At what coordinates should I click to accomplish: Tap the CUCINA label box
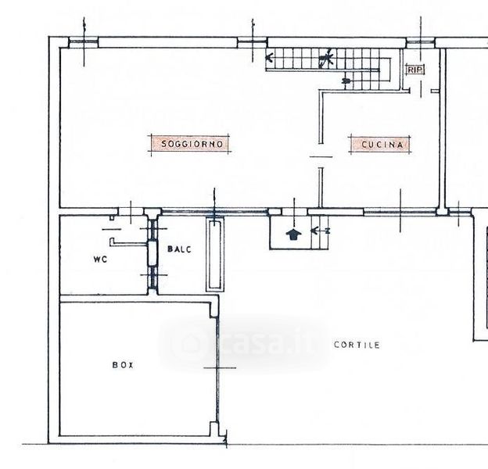(380, 145)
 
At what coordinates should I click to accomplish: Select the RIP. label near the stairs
(414, 70)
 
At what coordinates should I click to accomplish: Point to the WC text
(100, 259)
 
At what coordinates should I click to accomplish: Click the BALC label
(179, 249)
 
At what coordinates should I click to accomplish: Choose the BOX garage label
(123, 365)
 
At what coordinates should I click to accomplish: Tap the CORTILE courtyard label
(357, 345)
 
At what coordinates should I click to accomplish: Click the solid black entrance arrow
(293, 234)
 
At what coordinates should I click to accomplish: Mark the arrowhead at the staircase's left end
(270, 58)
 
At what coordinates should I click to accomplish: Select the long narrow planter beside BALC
(215, 254)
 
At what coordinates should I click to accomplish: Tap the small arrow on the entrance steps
(320, 231)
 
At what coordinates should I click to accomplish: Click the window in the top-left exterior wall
(84, 42)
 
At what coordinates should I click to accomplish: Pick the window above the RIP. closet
(421, 42)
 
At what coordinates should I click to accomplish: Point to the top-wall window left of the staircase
(252, 42)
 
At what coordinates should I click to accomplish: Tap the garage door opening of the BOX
(218, 369)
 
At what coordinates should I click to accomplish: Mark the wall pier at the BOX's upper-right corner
(214, 310)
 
